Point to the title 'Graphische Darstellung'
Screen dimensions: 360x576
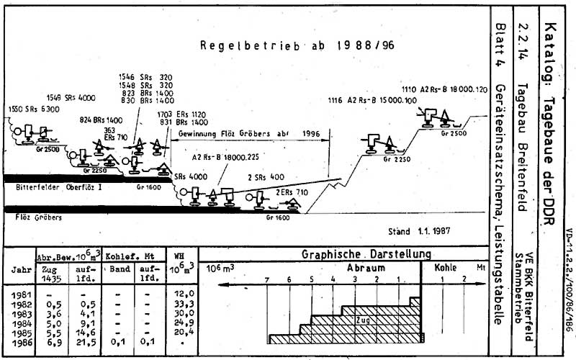click(x=366, y=253)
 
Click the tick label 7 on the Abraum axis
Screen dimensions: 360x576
click(x=266, y=279)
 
